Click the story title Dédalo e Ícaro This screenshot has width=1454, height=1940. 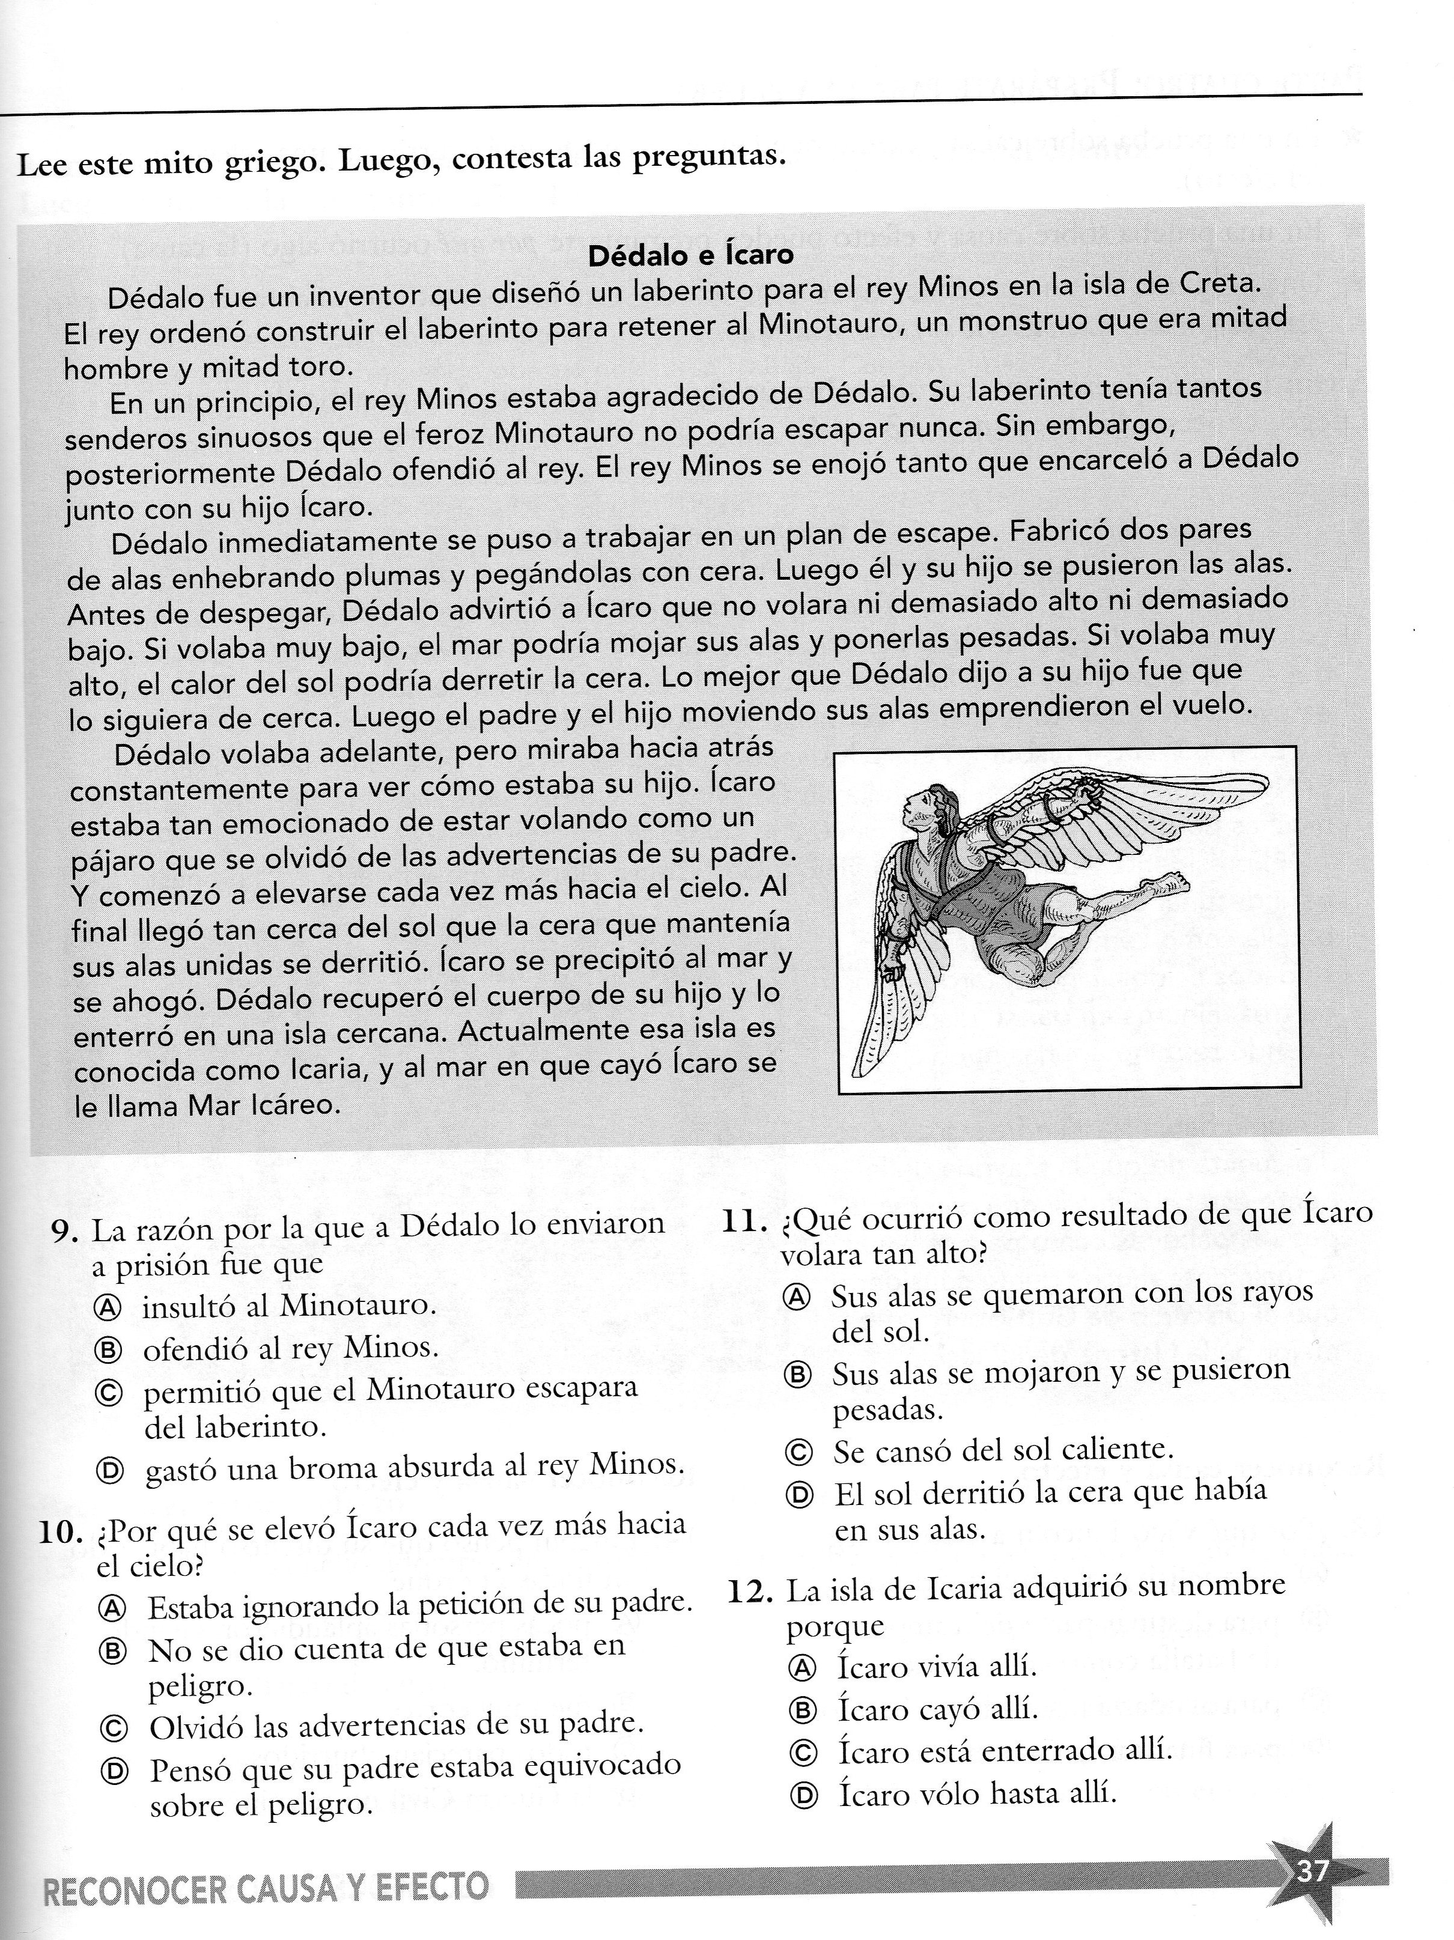[x=690, y=255]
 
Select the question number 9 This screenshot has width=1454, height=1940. [x=65, y=1232]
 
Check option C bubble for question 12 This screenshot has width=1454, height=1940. [x=803, y=1753]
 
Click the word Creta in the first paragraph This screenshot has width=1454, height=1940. [x=1219, y=284]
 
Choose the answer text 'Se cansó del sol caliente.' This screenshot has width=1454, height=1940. [x=1002, y=1452]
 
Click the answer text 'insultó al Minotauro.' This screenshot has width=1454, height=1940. [x=288, y=1307]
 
